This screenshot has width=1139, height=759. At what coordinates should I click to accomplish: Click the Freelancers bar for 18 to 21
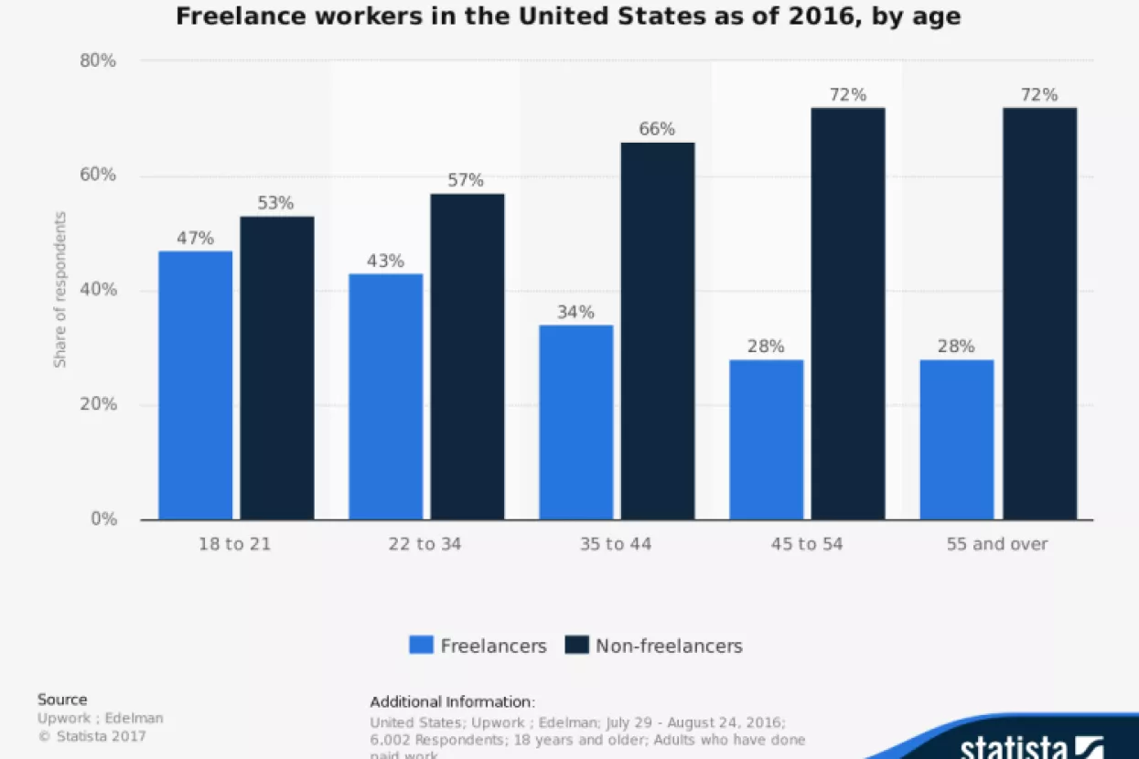pos(195,385)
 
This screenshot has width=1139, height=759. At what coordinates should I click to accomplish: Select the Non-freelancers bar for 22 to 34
pos(467,357)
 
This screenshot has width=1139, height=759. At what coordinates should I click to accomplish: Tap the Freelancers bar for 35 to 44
pos(575,422)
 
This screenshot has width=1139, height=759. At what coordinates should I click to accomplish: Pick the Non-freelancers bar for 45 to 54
pos(848,314)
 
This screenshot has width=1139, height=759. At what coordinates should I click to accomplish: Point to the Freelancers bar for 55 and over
pos(956,440)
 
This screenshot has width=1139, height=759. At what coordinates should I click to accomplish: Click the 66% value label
pos(657,129)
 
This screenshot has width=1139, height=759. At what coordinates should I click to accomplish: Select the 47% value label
pos(195,239)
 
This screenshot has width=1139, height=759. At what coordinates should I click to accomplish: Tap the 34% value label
pos(575,312)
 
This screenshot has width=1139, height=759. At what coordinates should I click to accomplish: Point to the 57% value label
pos(466,180)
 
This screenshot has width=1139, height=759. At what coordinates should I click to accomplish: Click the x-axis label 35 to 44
pos(615,544)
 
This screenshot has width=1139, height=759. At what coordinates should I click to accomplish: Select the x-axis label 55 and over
pos(996,544)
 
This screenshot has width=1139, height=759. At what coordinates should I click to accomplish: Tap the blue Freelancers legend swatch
pos(421,646)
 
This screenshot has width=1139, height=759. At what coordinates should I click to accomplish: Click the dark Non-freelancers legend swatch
pos(576,646)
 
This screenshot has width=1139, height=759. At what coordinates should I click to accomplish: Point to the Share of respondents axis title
pos(60,290)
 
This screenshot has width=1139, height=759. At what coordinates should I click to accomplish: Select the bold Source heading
pos(62,700)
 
